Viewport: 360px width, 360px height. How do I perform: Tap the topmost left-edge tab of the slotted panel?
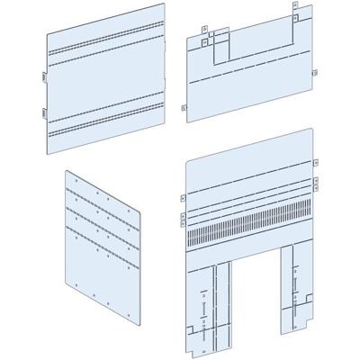[x=183, y=200]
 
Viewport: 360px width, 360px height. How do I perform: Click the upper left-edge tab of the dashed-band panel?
[x=44, y=77]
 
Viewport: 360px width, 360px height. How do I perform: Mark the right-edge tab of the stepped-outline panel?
[x=313, y=73]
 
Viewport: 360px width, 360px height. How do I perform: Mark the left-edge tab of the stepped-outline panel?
[x=184, y=108]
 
